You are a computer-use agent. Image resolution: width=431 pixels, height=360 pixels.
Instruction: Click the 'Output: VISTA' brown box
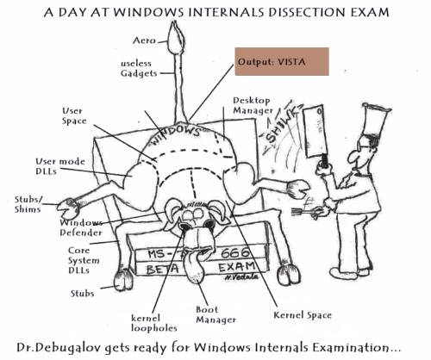click(282, 62)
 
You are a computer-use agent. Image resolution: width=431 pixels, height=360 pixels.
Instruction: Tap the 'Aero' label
click(144, 40)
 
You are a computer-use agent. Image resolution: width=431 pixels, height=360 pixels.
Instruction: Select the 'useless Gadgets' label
click(139, 68)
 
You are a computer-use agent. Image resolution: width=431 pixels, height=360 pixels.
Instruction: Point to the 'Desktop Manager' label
click(253, 105)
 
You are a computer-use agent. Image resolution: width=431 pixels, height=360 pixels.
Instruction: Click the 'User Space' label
click(74, 116)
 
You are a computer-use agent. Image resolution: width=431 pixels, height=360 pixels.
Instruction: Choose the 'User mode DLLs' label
click(60, 166)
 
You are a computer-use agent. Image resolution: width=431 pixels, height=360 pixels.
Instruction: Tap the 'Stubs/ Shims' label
click(28, 204)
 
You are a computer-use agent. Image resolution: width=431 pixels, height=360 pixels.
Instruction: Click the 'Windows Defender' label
click(81, 227)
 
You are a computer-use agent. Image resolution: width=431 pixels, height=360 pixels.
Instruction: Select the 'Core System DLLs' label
click(84, 260)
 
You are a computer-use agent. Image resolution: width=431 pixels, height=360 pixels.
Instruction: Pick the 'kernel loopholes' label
click(153, 323)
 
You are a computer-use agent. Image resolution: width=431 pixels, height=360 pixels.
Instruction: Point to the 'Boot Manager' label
click(215, 314)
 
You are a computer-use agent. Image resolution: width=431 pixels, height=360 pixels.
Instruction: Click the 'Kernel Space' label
click(303, 315)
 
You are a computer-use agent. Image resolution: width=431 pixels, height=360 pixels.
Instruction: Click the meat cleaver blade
click(315, 131)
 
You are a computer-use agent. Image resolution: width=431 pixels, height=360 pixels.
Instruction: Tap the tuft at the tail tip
click(175, 37)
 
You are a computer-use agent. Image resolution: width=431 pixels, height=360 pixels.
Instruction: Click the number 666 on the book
click(235, 252)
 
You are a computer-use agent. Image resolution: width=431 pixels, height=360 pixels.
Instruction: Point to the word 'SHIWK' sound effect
click(281, 127)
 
